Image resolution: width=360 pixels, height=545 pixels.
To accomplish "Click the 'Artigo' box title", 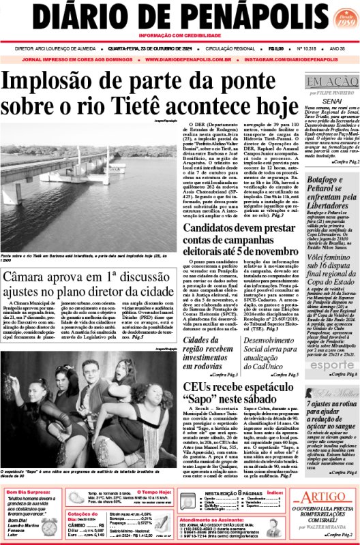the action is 320,497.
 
